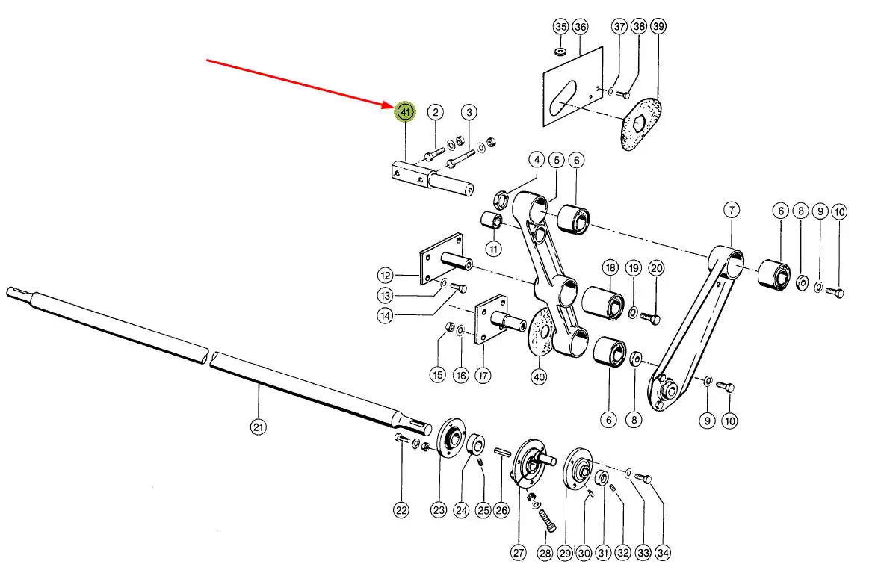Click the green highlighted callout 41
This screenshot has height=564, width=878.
point(405,112)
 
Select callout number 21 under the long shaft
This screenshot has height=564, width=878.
point(258,427)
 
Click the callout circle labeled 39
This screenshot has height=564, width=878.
point(658,26)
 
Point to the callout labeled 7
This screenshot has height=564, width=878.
point(732,211)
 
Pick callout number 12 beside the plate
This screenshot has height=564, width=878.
point(386,276)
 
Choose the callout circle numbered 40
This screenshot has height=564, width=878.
point(539,377)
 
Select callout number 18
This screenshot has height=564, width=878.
point(610,267)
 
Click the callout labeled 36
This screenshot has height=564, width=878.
point(580,26)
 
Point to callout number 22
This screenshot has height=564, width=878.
point(401,510)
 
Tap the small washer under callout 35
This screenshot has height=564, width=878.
point(560,52)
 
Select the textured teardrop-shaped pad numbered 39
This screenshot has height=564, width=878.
point(640,124)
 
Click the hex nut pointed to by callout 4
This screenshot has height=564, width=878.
point(501,197)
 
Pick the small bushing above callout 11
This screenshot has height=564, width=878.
point(492,220)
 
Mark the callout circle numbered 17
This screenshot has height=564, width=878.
point(483,375)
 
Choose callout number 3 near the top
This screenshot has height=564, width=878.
point(469,112)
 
